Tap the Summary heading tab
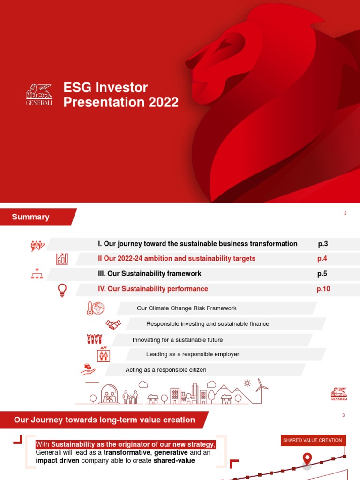[x=31, y=217]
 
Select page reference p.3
[x=323, y=244]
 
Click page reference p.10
[x=323, y=289]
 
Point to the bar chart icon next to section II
[x=62, y=259]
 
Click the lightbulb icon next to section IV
[x=62, y=290]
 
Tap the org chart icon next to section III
[x=37, y=274]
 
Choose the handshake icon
[x=113, y=324]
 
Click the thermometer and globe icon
[x=95, y=308]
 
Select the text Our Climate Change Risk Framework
[x=187, y=308]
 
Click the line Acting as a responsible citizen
[x=166, y=370]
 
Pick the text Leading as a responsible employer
[x=193, y=354]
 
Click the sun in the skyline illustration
[x=247, y=383]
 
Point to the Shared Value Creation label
[x=313, y=441]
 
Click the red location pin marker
[x=307, y=459]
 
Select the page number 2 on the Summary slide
[x=345, y=214]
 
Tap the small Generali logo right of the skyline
[x=339, y=394]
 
